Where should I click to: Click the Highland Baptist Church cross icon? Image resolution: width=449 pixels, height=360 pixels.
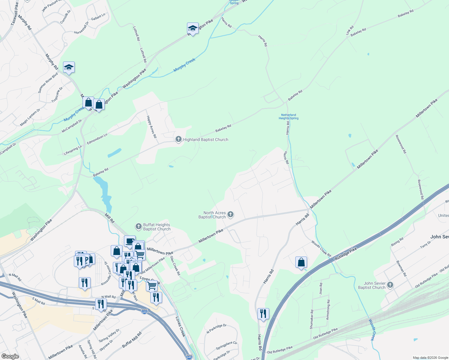179,139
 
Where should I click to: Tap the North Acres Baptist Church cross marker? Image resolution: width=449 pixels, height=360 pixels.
231,214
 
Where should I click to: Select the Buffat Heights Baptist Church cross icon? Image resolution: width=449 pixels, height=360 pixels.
138,226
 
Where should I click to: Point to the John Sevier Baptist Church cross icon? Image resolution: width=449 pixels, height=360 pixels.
390,285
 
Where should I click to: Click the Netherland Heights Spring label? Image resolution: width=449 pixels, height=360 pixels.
288,116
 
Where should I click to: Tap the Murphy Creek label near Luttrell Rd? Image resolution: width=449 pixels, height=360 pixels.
184,65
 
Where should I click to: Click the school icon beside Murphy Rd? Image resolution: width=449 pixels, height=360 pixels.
69,67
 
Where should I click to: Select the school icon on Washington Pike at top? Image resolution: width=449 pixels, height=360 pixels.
193,28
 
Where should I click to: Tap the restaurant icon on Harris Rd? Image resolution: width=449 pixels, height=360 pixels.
263,314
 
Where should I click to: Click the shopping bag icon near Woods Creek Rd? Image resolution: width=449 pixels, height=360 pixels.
301,262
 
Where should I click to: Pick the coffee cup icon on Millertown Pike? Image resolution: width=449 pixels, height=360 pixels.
130,241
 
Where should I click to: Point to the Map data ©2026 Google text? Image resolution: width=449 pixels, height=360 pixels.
430,358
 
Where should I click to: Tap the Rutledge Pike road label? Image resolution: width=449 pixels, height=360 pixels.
346,253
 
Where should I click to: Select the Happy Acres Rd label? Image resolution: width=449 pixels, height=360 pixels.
151,127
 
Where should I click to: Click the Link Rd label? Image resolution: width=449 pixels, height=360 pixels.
350,30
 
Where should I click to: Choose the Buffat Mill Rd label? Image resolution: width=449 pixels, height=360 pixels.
131,340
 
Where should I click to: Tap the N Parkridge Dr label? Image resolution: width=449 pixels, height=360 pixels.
216,328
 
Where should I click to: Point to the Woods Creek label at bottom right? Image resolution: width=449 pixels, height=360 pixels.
372,330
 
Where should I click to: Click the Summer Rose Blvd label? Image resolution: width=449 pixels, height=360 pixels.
48,82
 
